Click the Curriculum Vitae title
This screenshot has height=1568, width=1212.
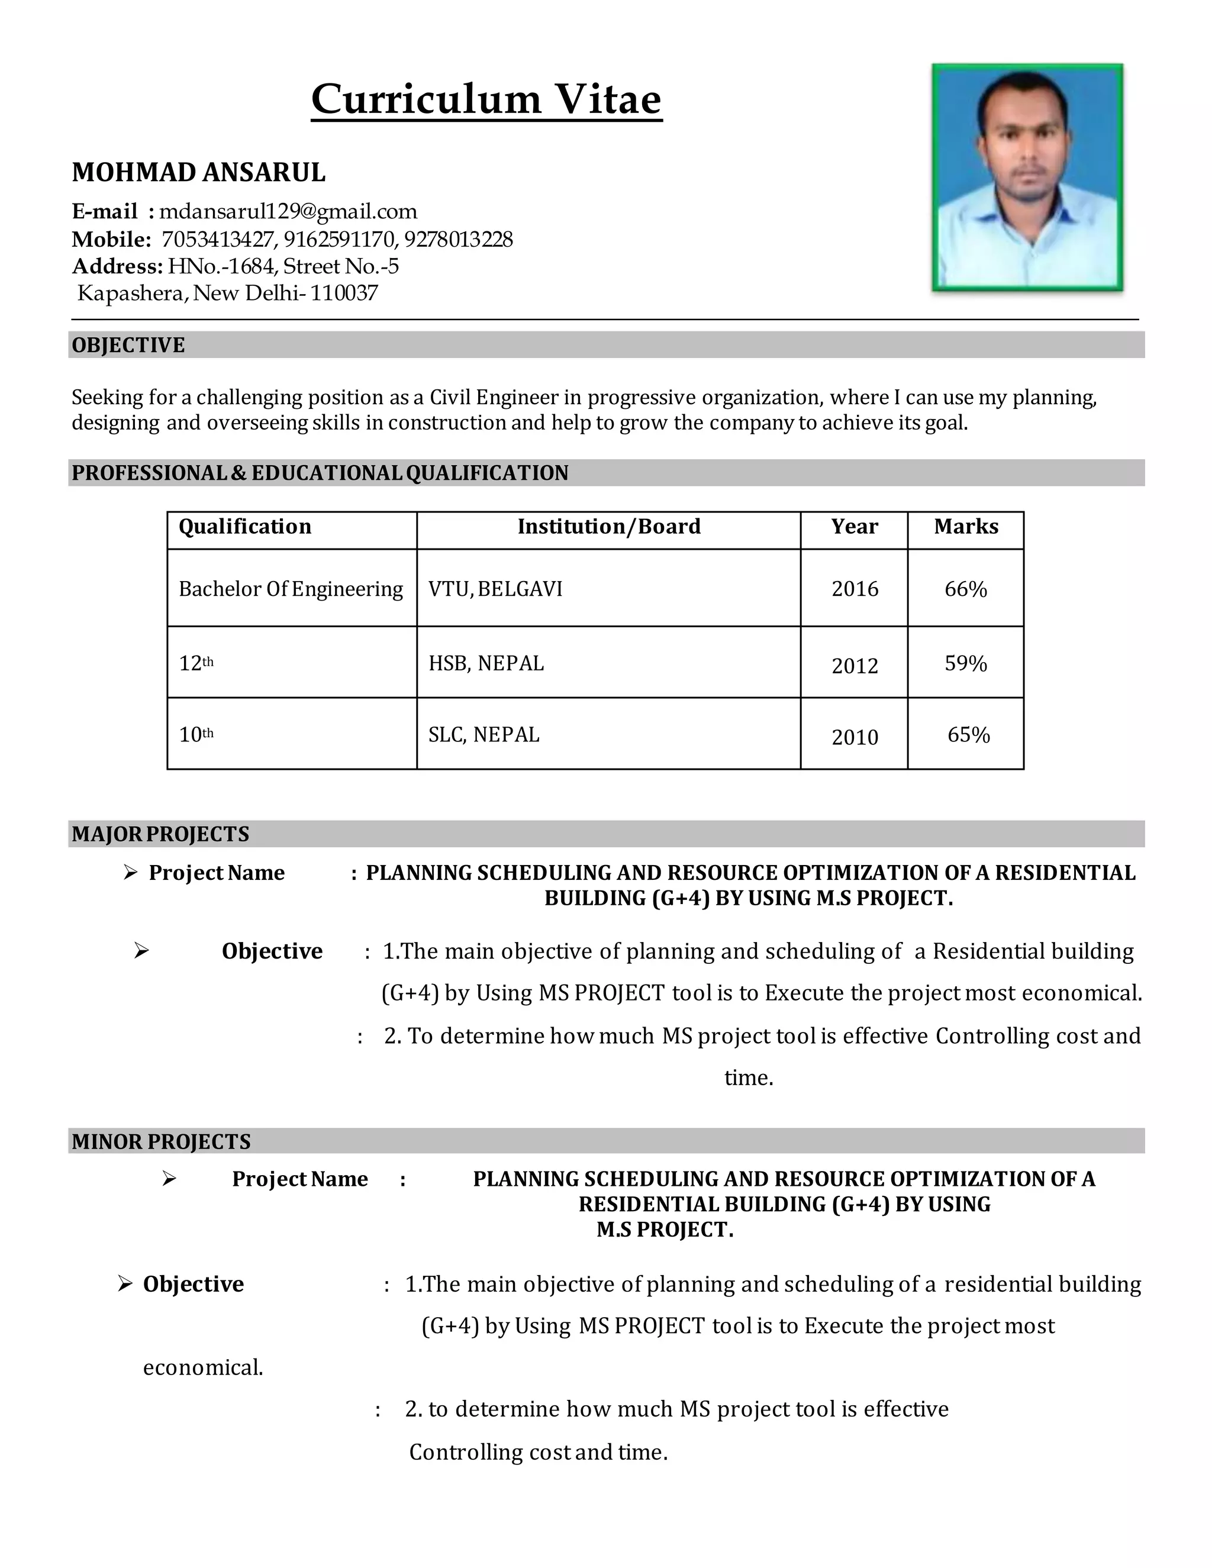486,99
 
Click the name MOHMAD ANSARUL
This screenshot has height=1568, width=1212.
198,172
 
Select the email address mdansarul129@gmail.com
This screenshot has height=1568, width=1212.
288,211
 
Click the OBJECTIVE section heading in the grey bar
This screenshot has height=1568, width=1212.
128,346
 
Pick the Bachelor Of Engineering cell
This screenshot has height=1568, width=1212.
291,589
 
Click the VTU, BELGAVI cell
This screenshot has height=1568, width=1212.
495,589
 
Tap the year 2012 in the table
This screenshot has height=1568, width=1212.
855,666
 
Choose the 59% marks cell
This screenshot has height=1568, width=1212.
966,663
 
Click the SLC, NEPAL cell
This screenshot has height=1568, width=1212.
484,734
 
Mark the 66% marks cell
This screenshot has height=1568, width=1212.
966,589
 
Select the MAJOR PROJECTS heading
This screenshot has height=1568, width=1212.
160,834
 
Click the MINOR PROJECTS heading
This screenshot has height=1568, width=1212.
161,1141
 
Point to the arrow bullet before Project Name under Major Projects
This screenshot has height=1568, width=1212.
130,872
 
